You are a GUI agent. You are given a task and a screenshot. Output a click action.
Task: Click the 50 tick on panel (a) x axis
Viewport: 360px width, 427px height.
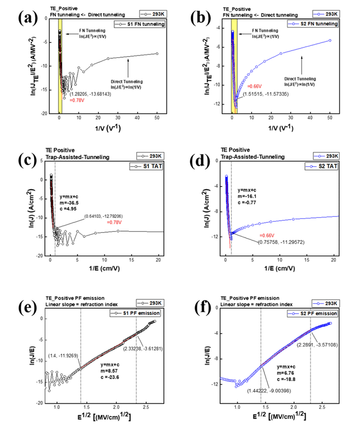[157, 119]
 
